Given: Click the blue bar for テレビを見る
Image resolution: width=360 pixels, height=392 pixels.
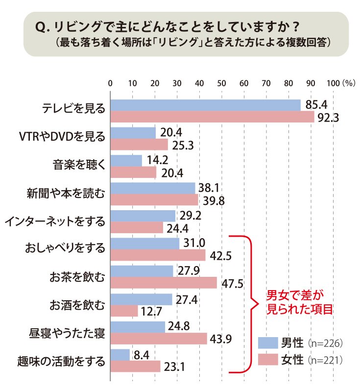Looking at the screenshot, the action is [x=205, y=105].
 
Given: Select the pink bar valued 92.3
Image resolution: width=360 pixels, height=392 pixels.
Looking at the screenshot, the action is [x=213, y=117].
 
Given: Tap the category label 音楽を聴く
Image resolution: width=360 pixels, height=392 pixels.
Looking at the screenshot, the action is [x=79, y=165].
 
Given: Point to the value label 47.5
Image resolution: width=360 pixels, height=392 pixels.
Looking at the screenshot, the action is [x=233, y=284].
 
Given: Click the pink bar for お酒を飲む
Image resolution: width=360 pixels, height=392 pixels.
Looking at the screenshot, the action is [x=124, y=311].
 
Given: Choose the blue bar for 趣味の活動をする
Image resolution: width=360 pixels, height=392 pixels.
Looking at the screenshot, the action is [x=120, y=355].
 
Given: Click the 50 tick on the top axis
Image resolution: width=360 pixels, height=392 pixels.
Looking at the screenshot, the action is [x=221, y=83].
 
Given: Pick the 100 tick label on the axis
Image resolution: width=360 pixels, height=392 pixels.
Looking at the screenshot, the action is [x=333, y=83].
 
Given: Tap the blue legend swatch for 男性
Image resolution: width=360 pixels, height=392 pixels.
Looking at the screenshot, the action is [x=268, y=343].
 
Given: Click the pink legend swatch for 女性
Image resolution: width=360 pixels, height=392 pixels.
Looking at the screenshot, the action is [x=268, y=360].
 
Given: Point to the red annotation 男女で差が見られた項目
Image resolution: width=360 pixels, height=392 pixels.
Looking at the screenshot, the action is [x=300, y=302].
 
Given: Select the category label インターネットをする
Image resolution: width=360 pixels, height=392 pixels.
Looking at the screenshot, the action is [x=55, y=221].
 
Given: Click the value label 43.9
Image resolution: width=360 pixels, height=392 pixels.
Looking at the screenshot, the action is [x=221, y=339].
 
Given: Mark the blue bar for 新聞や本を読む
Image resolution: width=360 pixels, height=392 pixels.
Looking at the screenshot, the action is [x=153, y=188].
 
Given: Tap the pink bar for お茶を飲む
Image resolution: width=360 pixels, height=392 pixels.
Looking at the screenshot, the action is [x=164, y=283].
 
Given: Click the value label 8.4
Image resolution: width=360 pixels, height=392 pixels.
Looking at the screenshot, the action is [x=142, y=355].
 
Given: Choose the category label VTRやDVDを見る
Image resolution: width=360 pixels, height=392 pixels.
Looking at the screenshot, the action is [x=62, y=137].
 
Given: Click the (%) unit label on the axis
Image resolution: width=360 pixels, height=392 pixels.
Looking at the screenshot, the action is [x=349, y=83].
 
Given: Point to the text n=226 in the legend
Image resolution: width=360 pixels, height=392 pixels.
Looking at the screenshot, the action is [x=325, y=343].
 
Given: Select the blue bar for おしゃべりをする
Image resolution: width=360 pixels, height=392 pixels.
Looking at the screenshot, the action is [x=145, y=244].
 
